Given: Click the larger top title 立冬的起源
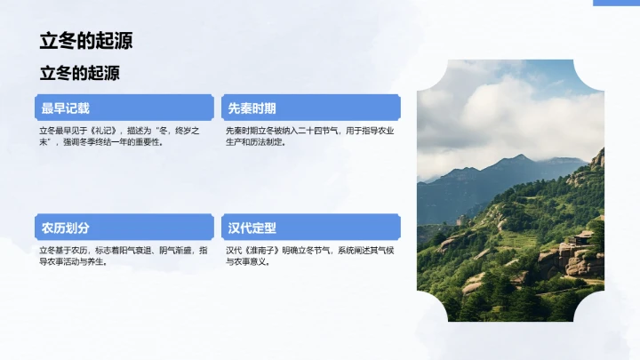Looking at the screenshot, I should (86, 41).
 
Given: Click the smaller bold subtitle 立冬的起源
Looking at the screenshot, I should (79, 73).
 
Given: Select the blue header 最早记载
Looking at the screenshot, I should (65, 108).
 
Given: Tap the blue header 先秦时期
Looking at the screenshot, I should (252, 108).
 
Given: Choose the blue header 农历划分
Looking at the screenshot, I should (65, 228).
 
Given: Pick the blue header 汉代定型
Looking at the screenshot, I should (252, 228).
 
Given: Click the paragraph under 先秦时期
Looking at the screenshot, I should (309, 136).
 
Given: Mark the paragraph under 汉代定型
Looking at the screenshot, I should (309, 256).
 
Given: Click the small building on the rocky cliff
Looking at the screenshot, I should (583, 237).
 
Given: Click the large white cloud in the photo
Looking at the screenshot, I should (498, 111).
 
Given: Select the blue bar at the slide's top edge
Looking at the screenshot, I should (616, 3).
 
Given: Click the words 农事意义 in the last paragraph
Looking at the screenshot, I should (263, 262).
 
